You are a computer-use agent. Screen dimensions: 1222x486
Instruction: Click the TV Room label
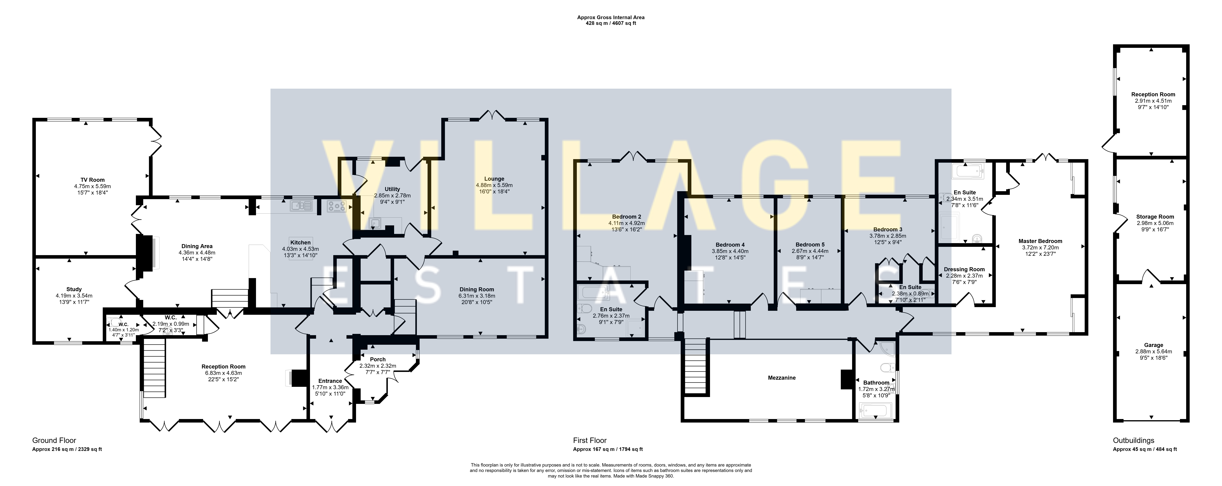(93, 180)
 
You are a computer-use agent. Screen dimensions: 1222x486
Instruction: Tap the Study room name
(74, 289)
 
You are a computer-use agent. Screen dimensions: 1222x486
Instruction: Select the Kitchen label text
(300, 243)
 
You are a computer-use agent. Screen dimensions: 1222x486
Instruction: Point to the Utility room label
(392, 189)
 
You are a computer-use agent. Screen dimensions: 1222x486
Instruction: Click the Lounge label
(494, 179)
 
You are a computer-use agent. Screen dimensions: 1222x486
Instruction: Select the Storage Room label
(1155, 216)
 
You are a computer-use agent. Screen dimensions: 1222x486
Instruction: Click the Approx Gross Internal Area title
(611, 18)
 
